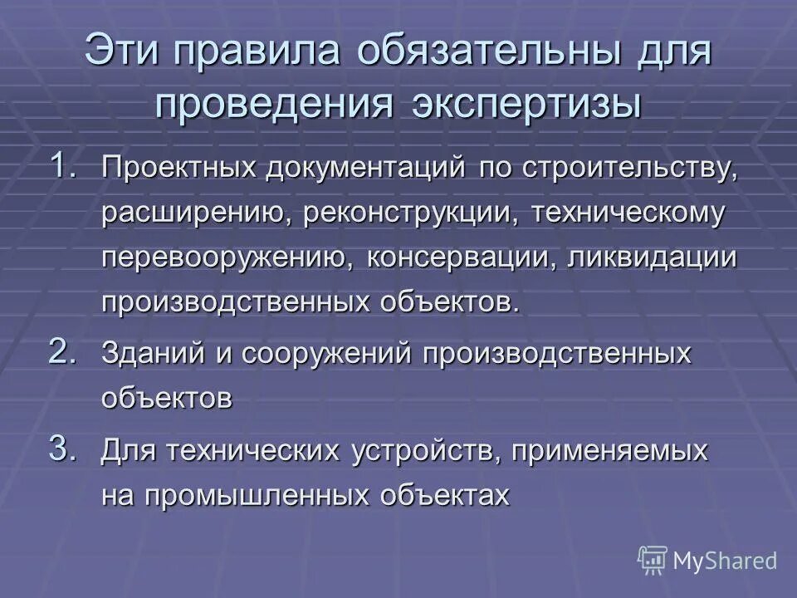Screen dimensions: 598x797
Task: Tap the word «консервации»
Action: click(461, 257)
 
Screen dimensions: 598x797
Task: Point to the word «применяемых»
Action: click(609, 453)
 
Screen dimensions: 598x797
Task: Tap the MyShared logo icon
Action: click(653, 560)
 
